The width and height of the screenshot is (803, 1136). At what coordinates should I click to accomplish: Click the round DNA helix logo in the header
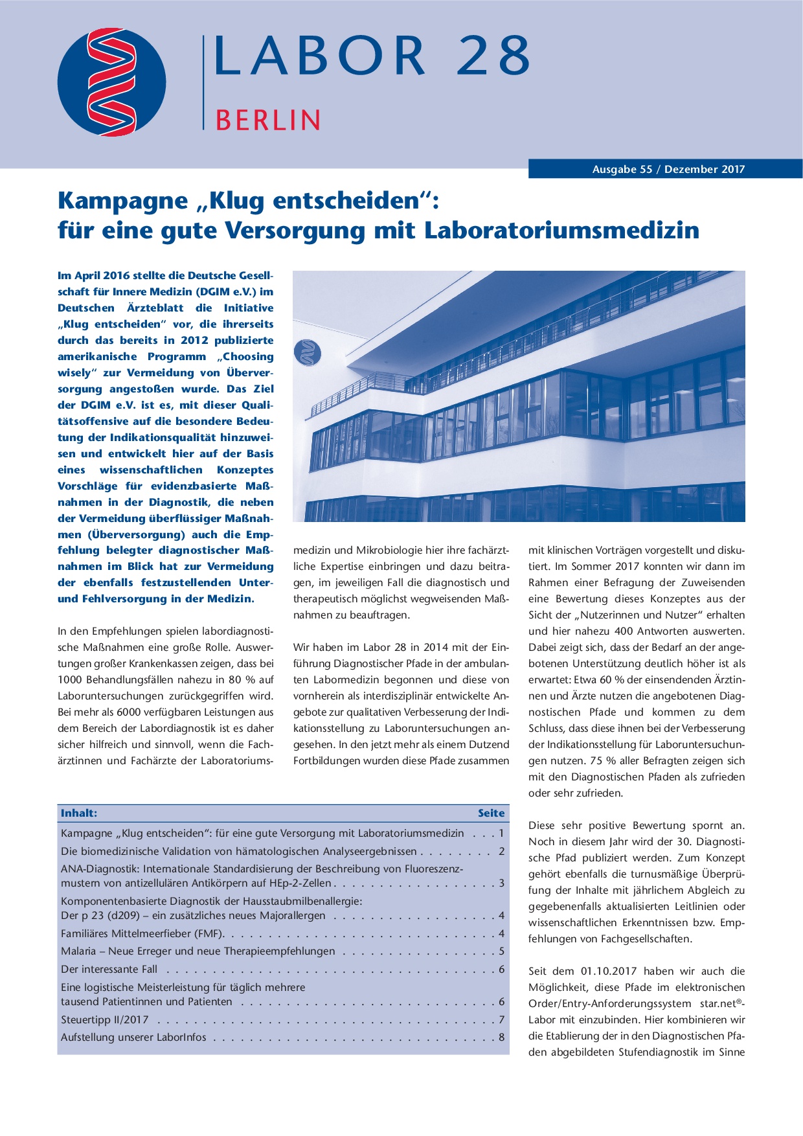pyautogui.click(x=111, y=82)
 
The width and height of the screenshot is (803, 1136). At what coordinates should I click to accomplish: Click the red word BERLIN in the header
pyautogui.click(x=267, y=120)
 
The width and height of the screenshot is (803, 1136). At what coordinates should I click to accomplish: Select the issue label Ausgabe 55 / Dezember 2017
pyautogui.click(x=668, y=170)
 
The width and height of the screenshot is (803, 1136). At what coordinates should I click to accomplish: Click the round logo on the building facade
pyautogui.click(x=307, y=352)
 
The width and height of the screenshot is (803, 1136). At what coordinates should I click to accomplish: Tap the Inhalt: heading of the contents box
pyautogui.click(x=79, y=813)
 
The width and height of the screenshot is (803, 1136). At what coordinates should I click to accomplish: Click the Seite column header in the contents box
pyautogui.click(x=491, y=813)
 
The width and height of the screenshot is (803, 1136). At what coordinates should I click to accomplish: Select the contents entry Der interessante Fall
pyautogui.click(x=109, y=970)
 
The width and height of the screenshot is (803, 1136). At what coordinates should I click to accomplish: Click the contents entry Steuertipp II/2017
pyautogui.click(x=105, y=1019)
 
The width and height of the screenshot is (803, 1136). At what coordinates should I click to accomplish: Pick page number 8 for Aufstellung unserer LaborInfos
pyautogui.click(x=501, y=1038)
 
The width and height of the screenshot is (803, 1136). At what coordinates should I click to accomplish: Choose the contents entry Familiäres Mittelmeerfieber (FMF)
pyautogui.click(x=142, y=934)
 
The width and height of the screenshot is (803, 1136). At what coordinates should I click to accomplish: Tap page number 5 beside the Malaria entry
pyautogui.click(x=501, y=951)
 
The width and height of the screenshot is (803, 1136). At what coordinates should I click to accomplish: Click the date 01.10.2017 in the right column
pyautogui.click(x=608, y=971)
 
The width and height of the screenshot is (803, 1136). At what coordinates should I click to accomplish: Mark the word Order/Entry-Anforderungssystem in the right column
pyautogui.click(x=609, y=1004)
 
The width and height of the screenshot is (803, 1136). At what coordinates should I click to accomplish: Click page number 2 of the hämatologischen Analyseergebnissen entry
pyautogui.click(x=501, y=852)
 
